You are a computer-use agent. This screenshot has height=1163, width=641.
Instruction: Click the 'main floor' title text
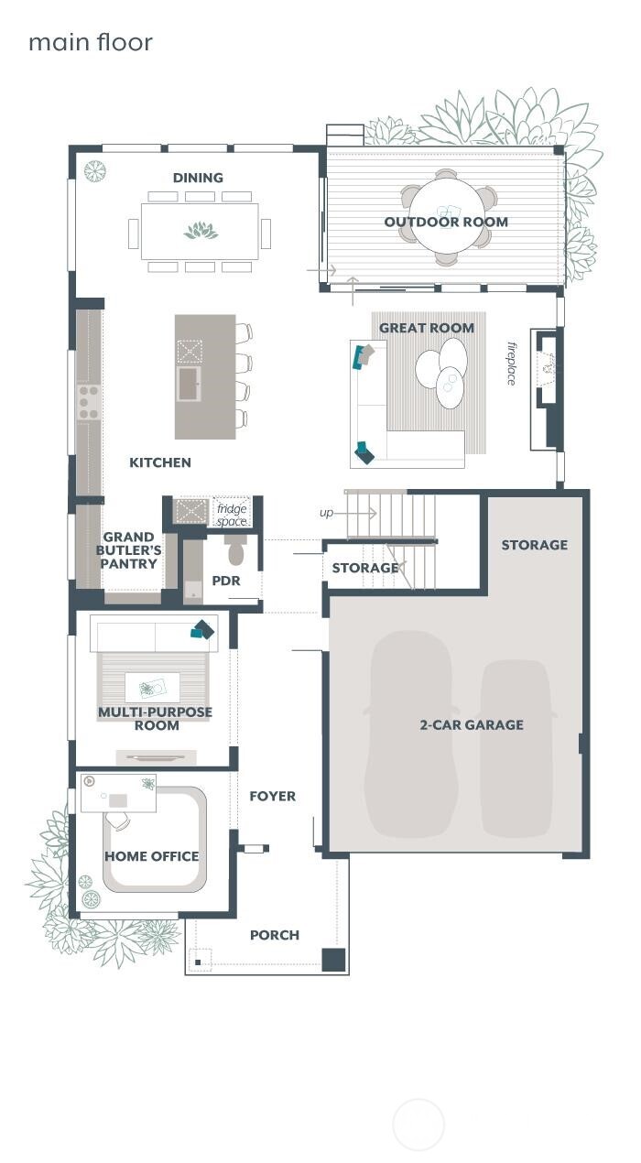tap(90, 42)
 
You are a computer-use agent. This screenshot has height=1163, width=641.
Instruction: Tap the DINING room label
tap(198, 178)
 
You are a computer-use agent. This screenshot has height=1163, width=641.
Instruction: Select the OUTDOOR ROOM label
tap(446, 222)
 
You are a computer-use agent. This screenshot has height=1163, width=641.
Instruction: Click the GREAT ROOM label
tap(427, 328)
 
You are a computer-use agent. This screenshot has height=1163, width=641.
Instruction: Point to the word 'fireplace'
tap(513, 364)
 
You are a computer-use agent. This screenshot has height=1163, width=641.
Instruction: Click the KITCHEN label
tap(160, 462)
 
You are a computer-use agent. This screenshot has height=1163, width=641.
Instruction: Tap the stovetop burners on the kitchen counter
tap(89, 402)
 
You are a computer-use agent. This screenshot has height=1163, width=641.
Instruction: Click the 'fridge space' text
tap(232, 515)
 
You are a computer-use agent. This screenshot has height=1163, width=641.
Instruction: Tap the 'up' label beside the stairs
tap(326, 513)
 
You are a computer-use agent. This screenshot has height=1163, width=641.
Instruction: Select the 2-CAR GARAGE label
tap(472, 724)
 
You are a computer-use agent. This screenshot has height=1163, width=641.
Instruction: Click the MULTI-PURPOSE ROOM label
tap(155, 719)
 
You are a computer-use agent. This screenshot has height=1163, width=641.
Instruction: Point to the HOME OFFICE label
tap(151, 856)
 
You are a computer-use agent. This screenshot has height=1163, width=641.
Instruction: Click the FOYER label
tap(273, 796)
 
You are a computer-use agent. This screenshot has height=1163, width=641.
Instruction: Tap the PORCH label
tap(275, 935)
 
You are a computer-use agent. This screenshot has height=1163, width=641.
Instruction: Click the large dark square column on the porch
tap(333, 960)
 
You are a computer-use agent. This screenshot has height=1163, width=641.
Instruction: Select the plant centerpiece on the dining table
tap(201, 231)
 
